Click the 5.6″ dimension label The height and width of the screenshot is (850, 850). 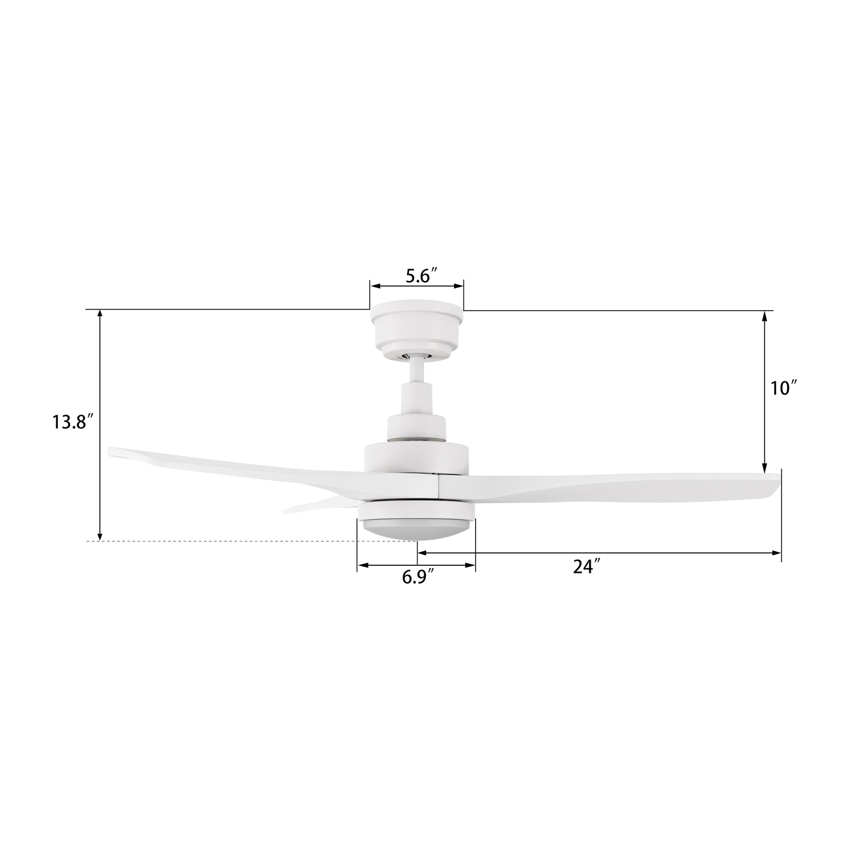[421, 276]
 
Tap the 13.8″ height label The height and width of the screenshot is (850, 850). [73, 422]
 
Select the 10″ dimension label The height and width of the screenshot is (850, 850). [784, 388]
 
